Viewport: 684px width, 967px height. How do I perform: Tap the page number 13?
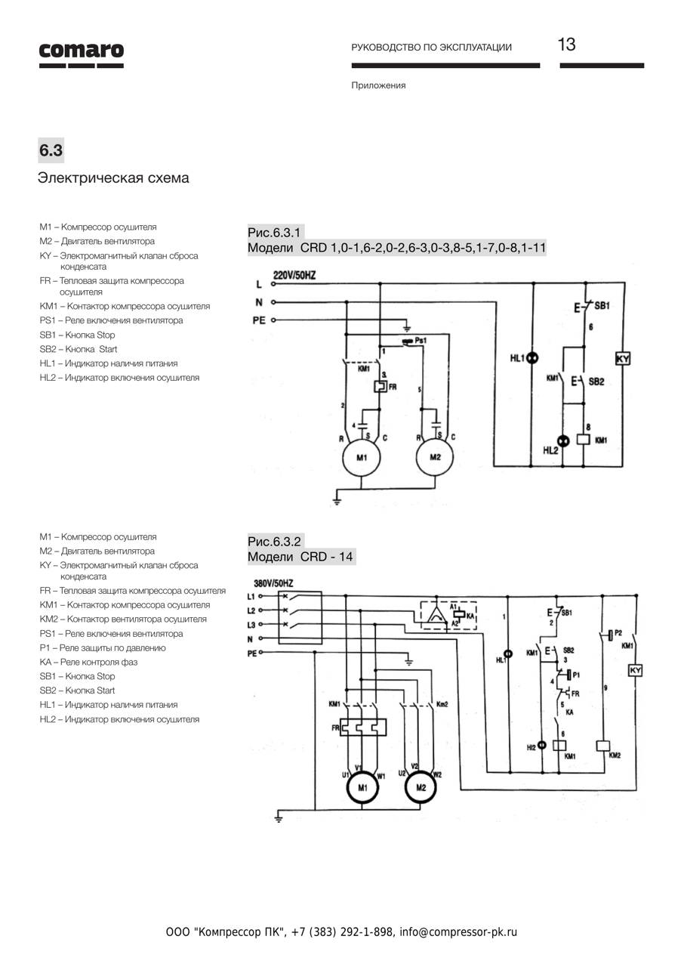click(x=566, y=45)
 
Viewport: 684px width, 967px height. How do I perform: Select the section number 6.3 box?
click(x=51, y=150)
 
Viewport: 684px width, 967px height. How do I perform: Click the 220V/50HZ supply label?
click(x=294, y=276)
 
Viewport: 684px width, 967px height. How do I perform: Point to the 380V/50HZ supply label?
click(x=273, y=584)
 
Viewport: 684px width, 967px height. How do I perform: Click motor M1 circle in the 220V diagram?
click(x=362, y=458)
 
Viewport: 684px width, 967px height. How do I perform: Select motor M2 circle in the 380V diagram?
click(x=421, y=788)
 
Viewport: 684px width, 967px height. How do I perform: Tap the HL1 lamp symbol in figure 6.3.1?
click(x=532, y=358)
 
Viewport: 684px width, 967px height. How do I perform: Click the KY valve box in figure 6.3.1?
click(x=623, y=359)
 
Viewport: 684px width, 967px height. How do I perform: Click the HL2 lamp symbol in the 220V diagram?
click(x=562, y=441)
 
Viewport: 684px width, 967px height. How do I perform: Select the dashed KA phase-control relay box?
click(x=448, y=616)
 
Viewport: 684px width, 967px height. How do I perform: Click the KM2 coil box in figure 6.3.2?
click(x=602, y=746)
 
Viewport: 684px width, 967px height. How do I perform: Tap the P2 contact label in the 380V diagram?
click(x=618, y=633)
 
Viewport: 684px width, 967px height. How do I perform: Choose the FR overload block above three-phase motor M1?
click(x=362, y=728)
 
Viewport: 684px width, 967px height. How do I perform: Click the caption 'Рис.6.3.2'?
click(x=275, y=542)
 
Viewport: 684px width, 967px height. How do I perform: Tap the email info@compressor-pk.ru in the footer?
click(x=458, y=932)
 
